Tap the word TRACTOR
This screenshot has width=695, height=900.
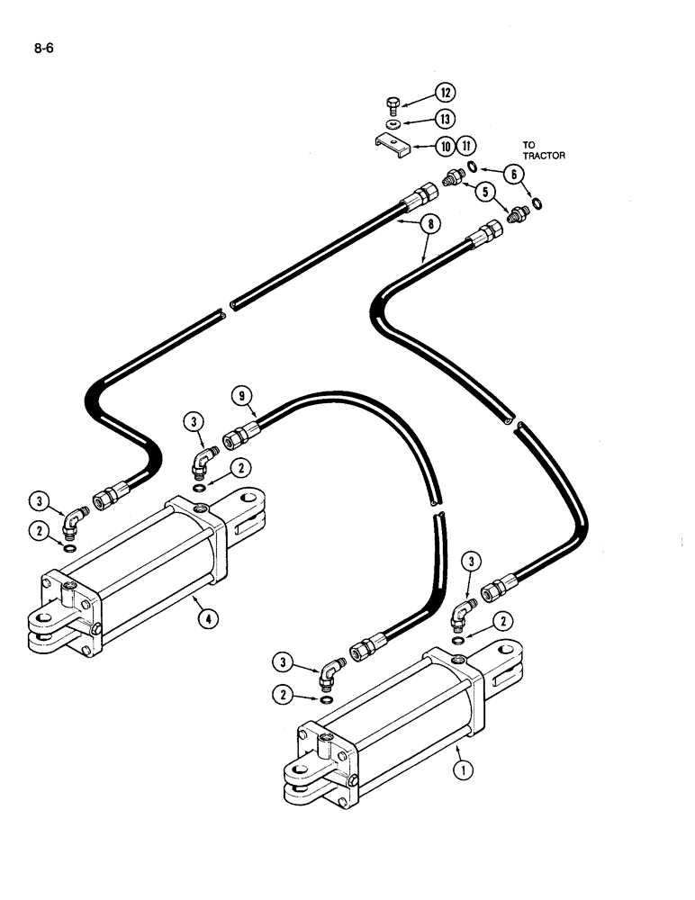(542, 156)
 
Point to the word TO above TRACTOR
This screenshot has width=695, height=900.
(530, 144)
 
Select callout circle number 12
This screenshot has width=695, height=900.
(446, 93)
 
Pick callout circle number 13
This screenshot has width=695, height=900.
(446, 119)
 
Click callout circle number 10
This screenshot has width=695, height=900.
(446, 145)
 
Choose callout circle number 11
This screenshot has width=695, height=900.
(465, 145)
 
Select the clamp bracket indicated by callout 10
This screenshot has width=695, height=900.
(391, 143)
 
